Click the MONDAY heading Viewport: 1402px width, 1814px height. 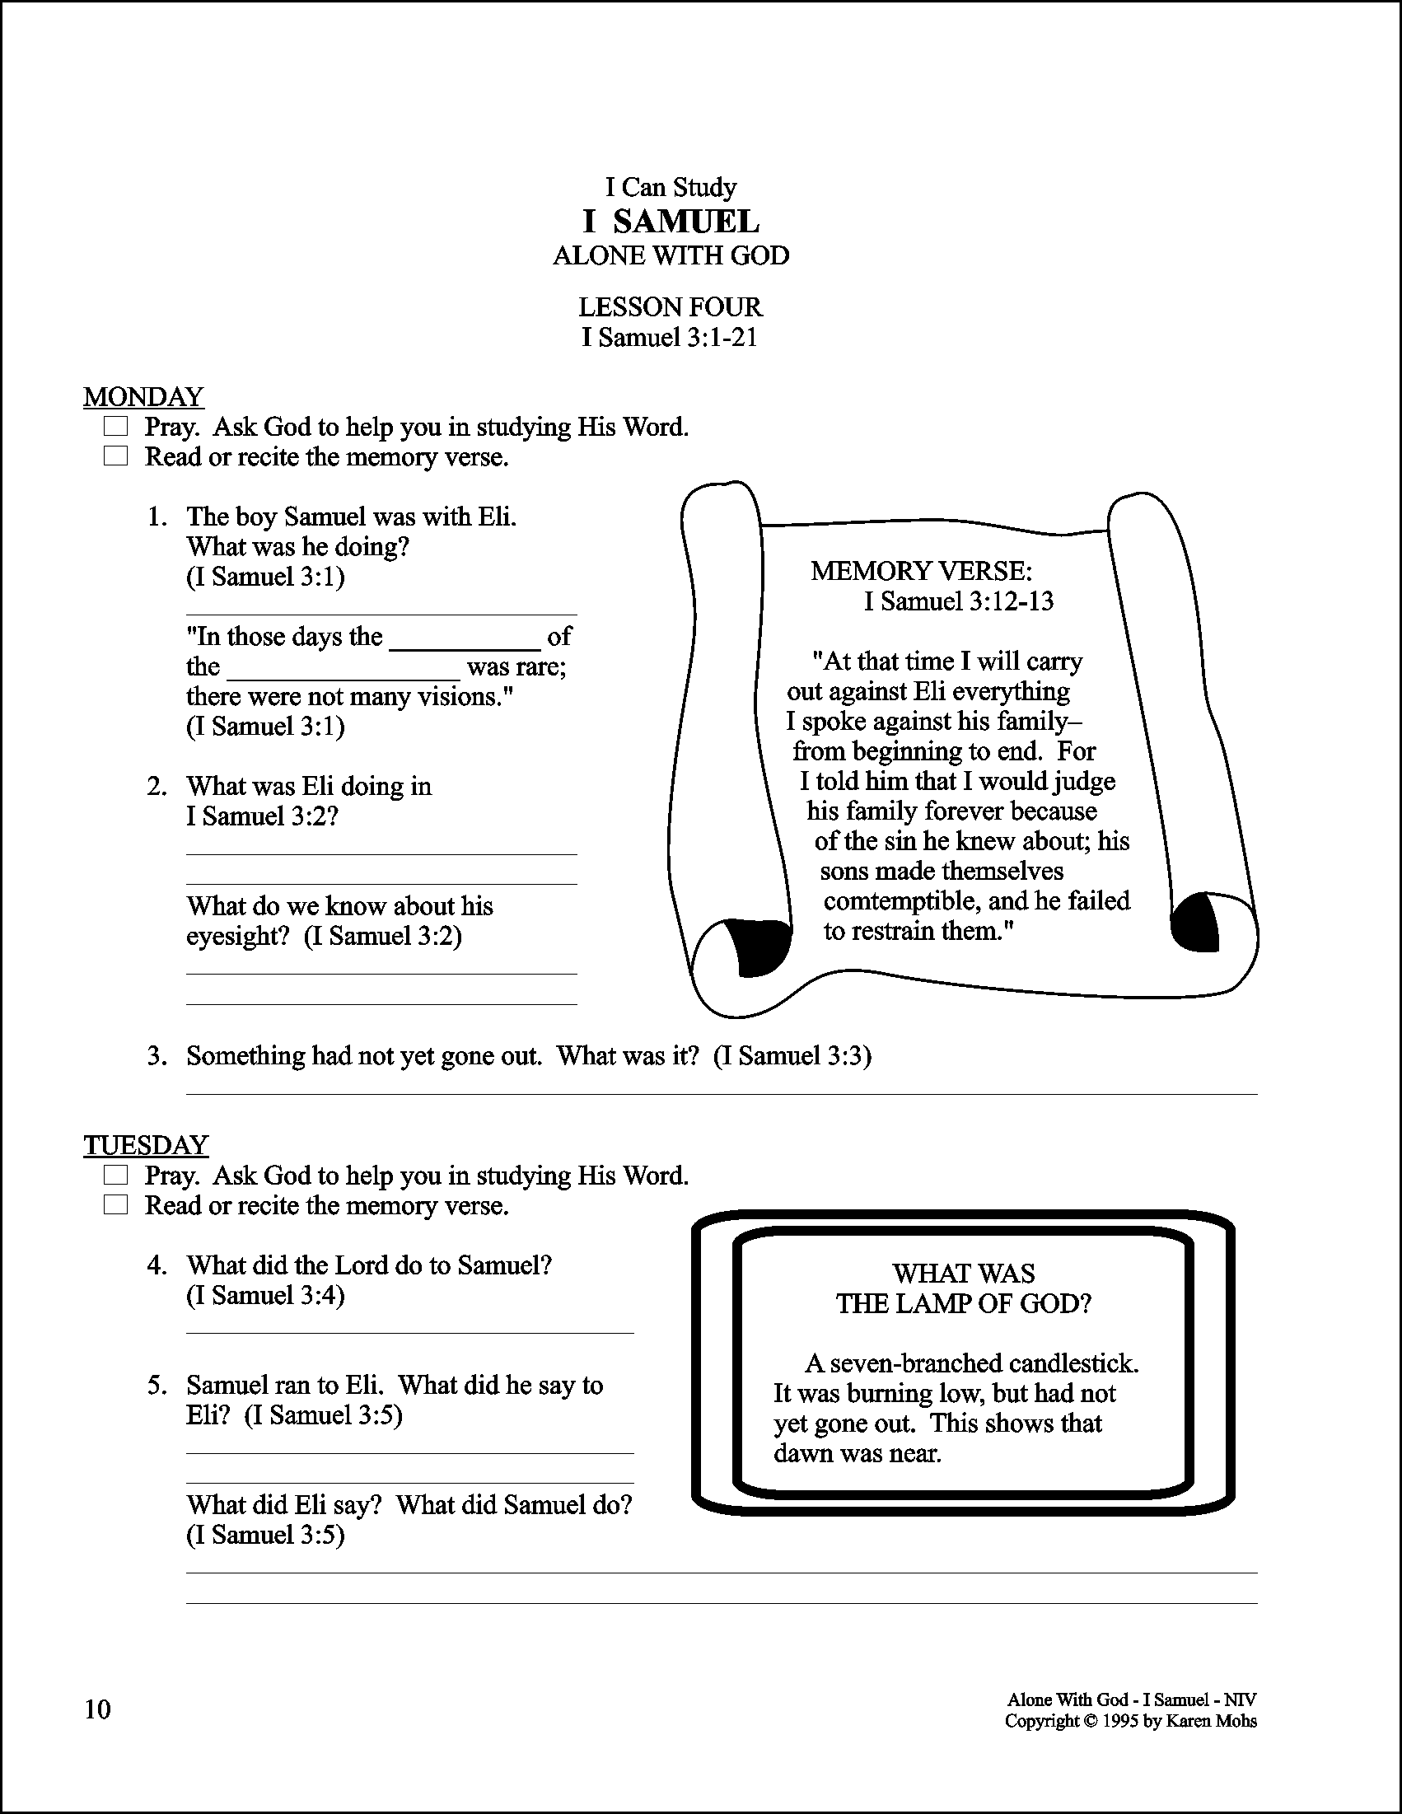[143, 397]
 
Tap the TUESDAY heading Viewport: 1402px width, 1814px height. [145, 1145]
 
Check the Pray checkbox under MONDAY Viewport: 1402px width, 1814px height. [115, 427]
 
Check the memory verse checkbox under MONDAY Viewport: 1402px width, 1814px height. [115, 457]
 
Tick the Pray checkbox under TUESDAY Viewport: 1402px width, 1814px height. [115, 1176]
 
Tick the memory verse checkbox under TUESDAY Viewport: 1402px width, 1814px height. [115, 1205]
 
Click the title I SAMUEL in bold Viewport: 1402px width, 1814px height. [671, 222]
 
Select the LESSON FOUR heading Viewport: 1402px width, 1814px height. [670, 307]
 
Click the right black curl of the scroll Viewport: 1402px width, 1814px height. [1195, 922]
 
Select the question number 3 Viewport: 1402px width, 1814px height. [157, 1056]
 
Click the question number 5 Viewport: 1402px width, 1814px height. [157, 1386]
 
